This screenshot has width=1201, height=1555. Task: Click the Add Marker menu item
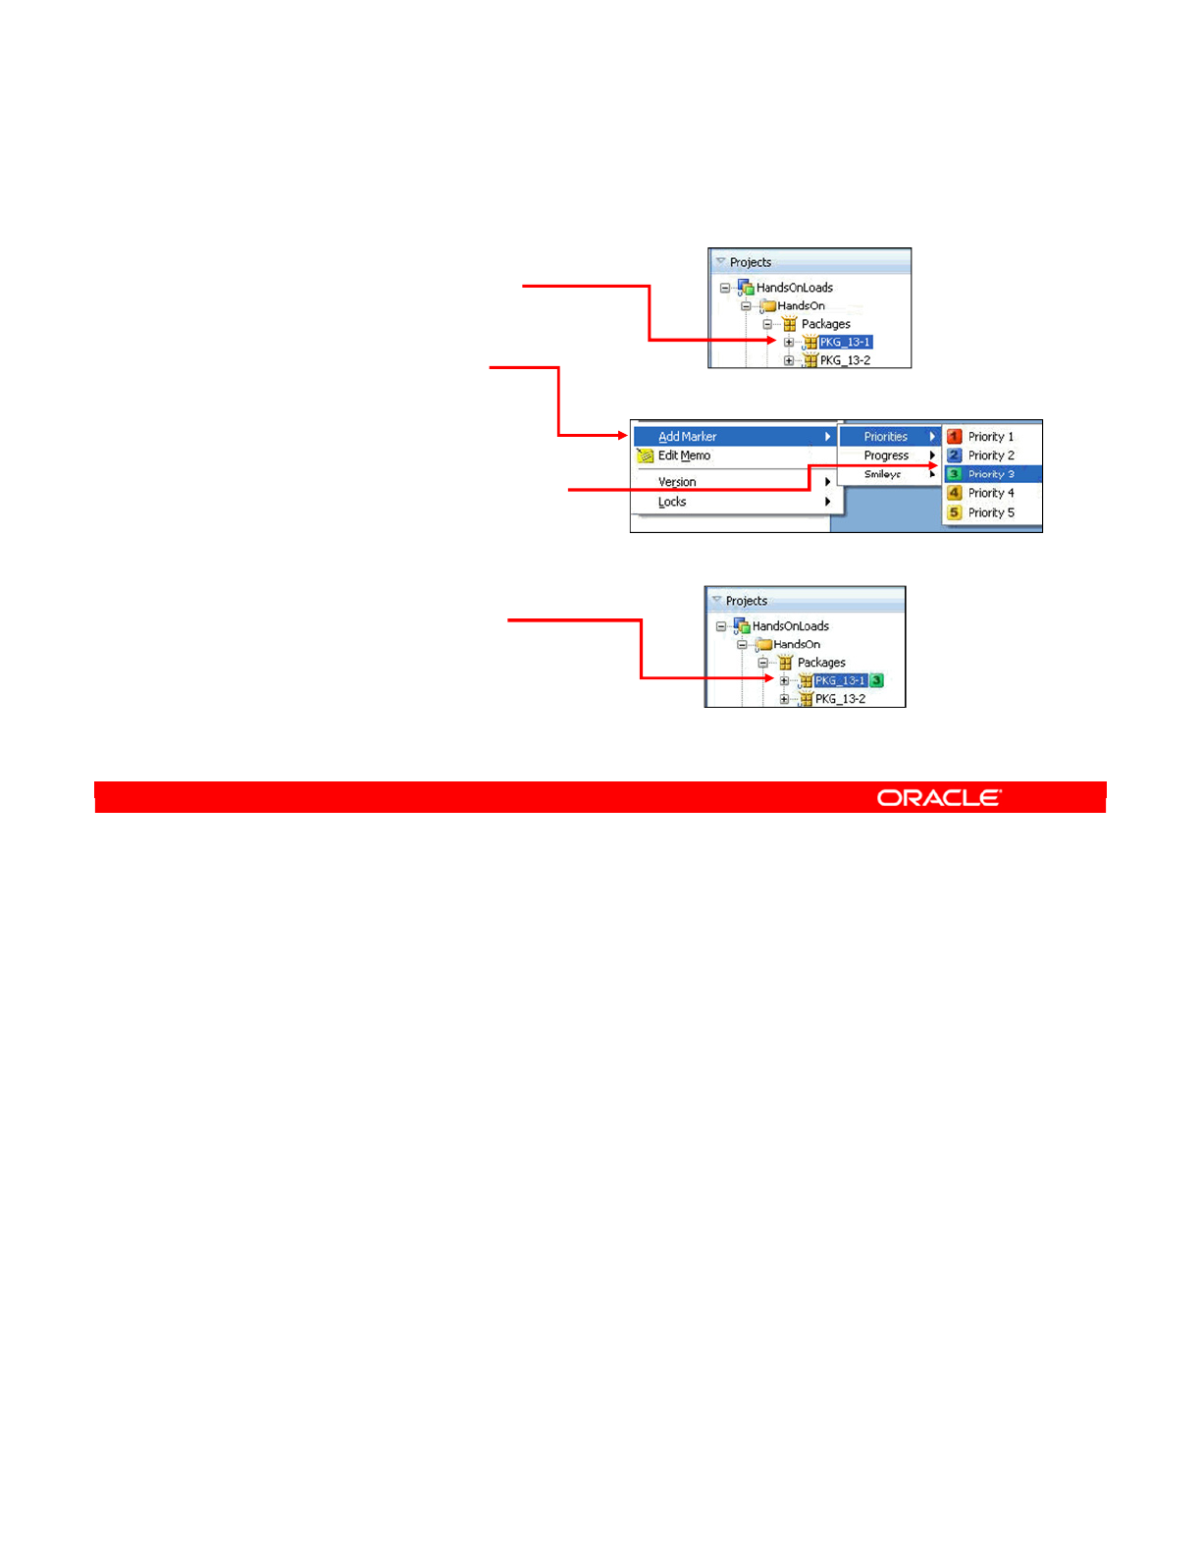coord(688,437)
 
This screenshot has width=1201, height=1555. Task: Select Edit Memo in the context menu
coord(684,456)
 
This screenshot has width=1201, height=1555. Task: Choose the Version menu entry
coord(677,482)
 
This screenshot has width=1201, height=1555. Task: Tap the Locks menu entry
coord(672,502)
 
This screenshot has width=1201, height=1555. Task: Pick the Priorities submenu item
coord(886,437)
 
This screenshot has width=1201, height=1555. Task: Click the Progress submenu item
coord(886,456)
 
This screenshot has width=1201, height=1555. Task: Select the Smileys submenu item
coord(882,474)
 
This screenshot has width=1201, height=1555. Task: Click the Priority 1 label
coord(991,437)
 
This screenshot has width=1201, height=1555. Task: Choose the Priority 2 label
coord(991,456)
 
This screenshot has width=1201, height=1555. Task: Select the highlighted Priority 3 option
coord(991,474)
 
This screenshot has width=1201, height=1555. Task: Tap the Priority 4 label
coord(991,493)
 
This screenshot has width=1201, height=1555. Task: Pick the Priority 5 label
coord(991,512)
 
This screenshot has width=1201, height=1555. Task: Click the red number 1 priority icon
coord(954,437)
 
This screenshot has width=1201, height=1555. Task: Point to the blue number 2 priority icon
coord(954,456)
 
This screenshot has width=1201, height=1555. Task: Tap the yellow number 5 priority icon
coord(954,512)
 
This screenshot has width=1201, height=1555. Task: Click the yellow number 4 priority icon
coord(954,493)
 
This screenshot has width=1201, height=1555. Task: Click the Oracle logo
coord(939,798)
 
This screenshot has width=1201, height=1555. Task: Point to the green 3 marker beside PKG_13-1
coord(876,680)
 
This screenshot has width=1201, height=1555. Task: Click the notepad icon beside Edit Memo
coord(645,456)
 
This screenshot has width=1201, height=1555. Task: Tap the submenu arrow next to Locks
coord(828,502)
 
